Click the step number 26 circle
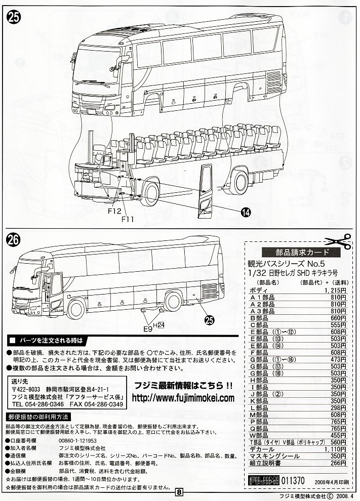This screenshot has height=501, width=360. point(15,239)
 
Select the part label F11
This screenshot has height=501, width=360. point(129,219)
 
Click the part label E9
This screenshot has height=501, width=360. point(147,328)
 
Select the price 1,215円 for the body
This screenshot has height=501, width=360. point(335,291)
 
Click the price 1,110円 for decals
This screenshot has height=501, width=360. point(335,449)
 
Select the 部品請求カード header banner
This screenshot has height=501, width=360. point(294,253)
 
